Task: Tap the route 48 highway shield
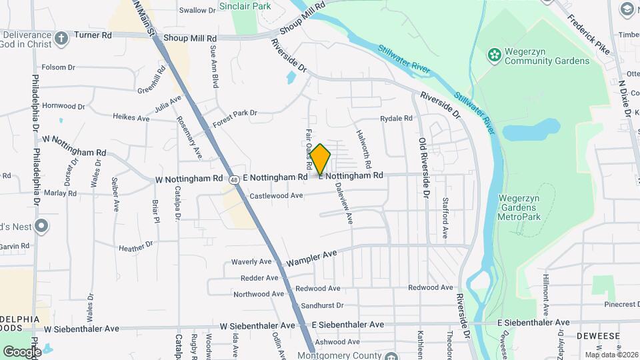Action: (234, 179)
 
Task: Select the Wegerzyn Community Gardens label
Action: (538, 57)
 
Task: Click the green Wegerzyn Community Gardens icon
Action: (494, 53)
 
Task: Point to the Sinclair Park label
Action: (254, 5)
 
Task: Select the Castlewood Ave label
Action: (276, 196)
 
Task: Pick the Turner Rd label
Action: (93, 35)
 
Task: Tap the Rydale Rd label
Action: (397, 119)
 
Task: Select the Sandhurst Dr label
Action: (321, 305)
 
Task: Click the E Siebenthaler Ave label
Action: (348, 325)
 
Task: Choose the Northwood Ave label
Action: (259, 294)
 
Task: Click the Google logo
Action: (22, 351)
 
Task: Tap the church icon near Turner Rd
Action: (61, 37)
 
